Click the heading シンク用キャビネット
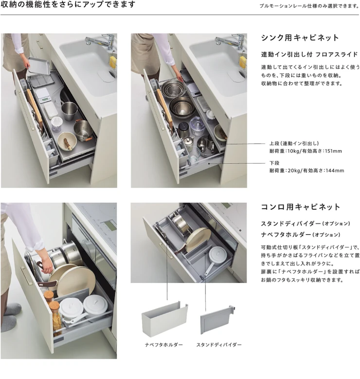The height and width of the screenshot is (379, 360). [x=300, y=38]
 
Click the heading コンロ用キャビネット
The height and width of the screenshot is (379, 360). [x=301, y=207]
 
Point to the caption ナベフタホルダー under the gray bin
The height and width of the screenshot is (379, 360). [x=164, y=345]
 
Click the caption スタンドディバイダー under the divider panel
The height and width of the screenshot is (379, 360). [x=219, y=345]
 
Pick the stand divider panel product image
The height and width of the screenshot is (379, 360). [x=218, y=320]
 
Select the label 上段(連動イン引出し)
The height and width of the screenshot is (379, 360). [x=294, y=143]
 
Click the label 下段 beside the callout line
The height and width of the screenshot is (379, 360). [x=274, y=163]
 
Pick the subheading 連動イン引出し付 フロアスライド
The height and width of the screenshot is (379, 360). [x=309, y=54]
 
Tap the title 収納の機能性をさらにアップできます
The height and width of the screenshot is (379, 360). [x=68, y=4]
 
